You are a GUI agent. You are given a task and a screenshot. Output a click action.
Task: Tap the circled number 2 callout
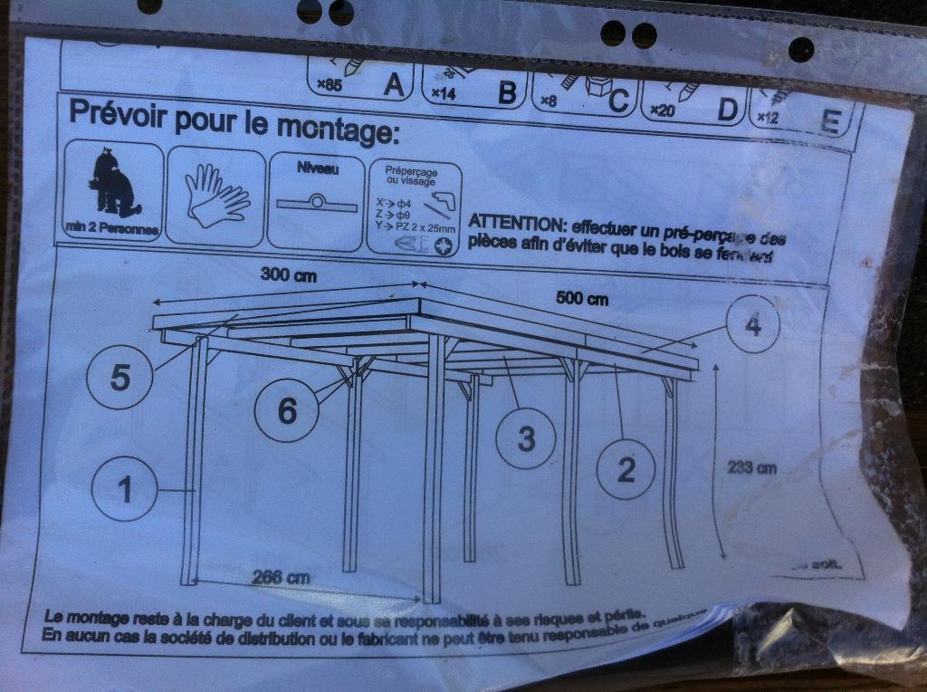tap(626, 469)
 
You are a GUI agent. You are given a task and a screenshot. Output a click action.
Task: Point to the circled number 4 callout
tap(752, 326)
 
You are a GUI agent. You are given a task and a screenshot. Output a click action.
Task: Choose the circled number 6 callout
tap(286, 410)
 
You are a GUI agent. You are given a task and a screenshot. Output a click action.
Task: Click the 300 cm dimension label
tap(288, 275)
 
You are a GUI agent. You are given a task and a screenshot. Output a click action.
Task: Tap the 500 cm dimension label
tap(581, 299)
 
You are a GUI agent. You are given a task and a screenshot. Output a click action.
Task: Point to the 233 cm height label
tap(752, 467)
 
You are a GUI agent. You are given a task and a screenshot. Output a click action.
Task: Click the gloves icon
tap(215, 194)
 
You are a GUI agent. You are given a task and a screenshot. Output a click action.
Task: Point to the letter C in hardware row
tap(618, 101)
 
